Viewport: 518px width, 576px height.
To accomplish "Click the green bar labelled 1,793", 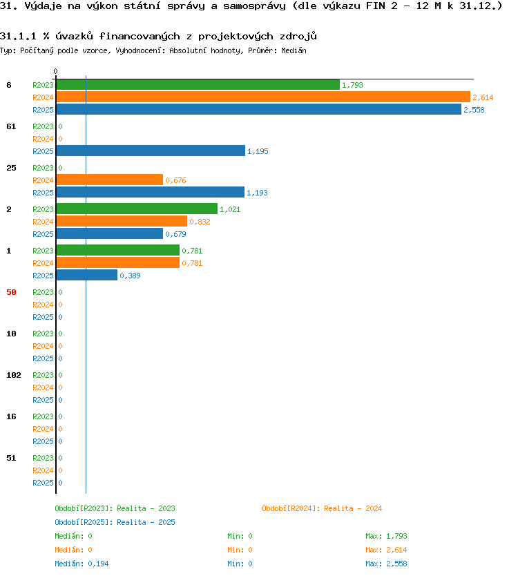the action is point(198,85).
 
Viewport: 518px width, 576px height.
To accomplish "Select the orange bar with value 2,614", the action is point(263,97).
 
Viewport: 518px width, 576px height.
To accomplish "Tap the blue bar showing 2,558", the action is point(258,110).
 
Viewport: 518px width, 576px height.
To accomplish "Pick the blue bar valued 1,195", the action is point(151,151).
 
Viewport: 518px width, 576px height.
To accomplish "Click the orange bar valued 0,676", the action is point(110,180).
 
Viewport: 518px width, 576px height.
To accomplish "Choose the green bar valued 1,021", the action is point(137,209).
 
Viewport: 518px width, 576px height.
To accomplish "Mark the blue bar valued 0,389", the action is point(87,275).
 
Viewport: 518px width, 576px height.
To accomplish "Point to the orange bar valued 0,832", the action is point(122,222).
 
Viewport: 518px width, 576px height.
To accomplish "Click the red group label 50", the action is point(11,292).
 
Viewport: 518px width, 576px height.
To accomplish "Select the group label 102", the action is point(14,376).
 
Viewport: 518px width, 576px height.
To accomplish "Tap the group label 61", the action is point(11,127).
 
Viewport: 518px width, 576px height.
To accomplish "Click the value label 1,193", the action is point(257,193).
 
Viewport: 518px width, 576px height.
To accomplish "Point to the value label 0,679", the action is point(175,234).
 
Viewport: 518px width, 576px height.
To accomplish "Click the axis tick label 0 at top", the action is point(55,71).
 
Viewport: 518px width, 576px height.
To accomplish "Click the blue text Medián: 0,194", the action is point(81,564).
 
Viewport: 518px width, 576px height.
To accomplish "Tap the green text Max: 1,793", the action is point(386,537).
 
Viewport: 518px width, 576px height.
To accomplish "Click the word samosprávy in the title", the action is point(254,6).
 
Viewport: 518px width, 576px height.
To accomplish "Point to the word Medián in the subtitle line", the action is point(294,50).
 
